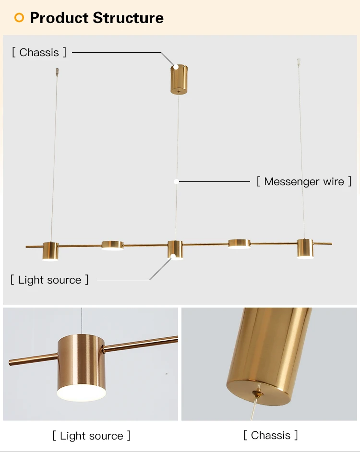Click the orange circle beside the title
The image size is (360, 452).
pos(19,18)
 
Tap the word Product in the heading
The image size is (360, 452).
pos(60,18)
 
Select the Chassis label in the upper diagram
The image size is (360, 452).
pos(39,52)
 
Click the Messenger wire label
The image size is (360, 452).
pos(304,181)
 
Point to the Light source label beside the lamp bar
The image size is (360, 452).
pos(49,280)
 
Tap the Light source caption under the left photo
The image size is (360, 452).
pos(91,436)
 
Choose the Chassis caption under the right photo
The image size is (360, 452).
pos(271,435)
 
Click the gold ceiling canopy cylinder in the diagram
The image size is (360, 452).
pos(179,79)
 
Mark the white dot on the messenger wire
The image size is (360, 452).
pos(176,181)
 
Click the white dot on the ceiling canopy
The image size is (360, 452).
pos(176,67)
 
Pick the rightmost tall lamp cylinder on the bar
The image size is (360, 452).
pos(305,248)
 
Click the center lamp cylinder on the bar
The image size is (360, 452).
pos(175,250)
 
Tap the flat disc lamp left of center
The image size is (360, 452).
pos(112,245)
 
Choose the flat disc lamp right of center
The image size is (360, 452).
pos(239,244)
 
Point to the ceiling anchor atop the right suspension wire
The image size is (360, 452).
pos(299,62)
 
